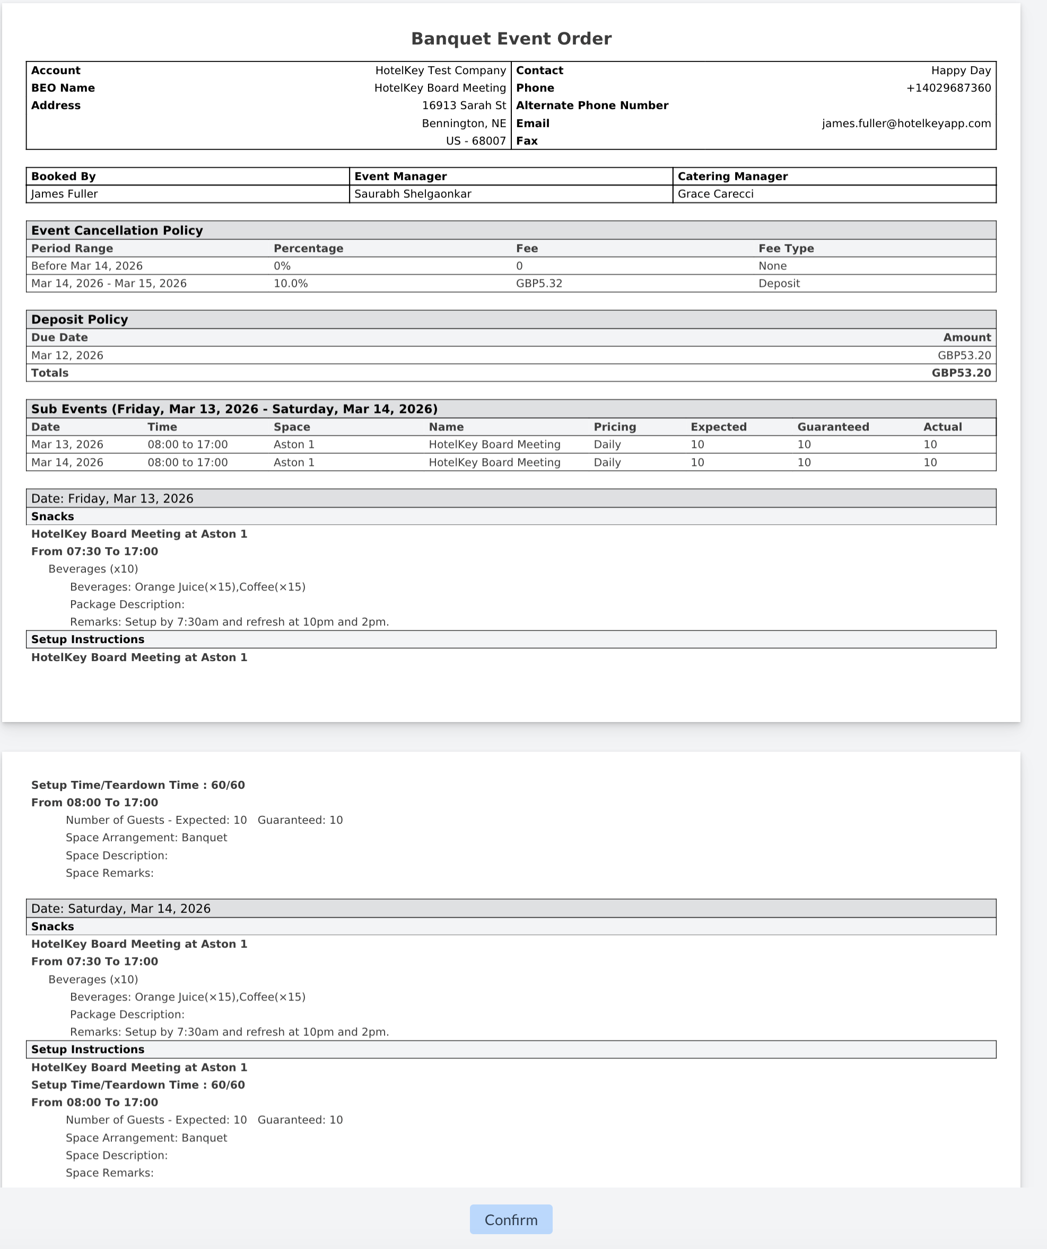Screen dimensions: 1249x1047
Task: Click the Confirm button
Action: click(510, 1220)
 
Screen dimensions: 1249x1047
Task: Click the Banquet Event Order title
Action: click(511, 39)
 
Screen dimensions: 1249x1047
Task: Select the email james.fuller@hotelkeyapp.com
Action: click(906, 124)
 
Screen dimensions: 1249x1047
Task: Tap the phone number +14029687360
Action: click(948, 88)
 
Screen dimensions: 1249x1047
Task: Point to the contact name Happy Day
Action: click(961, 70)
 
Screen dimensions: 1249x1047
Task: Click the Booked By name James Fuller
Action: click(64, 194)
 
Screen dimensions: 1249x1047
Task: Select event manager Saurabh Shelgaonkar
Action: click(412, 194)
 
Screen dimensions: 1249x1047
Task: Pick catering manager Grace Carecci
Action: click(715, 194)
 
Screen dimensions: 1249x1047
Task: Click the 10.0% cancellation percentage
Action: click(290, 284)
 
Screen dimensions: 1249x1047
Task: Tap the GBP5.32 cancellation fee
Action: click(539, 284)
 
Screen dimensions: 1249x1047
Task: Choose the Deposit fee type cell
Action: click(779, 284)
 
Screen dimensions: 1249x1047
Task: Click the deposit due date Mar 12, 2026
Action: click(67, 356)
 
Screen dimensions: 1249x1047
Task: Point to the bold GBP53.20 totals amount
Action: click(961, 373)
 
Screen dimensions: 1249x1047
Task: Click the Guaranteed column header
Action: click(833, 427)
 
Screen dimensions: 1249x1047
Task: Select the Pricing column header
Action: click(615, 427)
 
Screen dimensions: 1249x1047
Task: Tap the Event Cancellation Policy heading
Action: click(117, 231)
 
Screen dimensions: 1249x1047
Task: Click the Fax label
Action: click(527, 141)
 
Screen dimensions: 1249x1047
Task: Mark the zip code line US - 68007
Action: click(475, 141)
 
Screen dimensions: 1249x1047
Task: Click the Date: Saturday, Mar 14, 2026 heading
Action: click(121, 908)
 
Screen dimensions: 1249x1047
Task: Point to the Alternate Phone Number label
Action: click(592, 106)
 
